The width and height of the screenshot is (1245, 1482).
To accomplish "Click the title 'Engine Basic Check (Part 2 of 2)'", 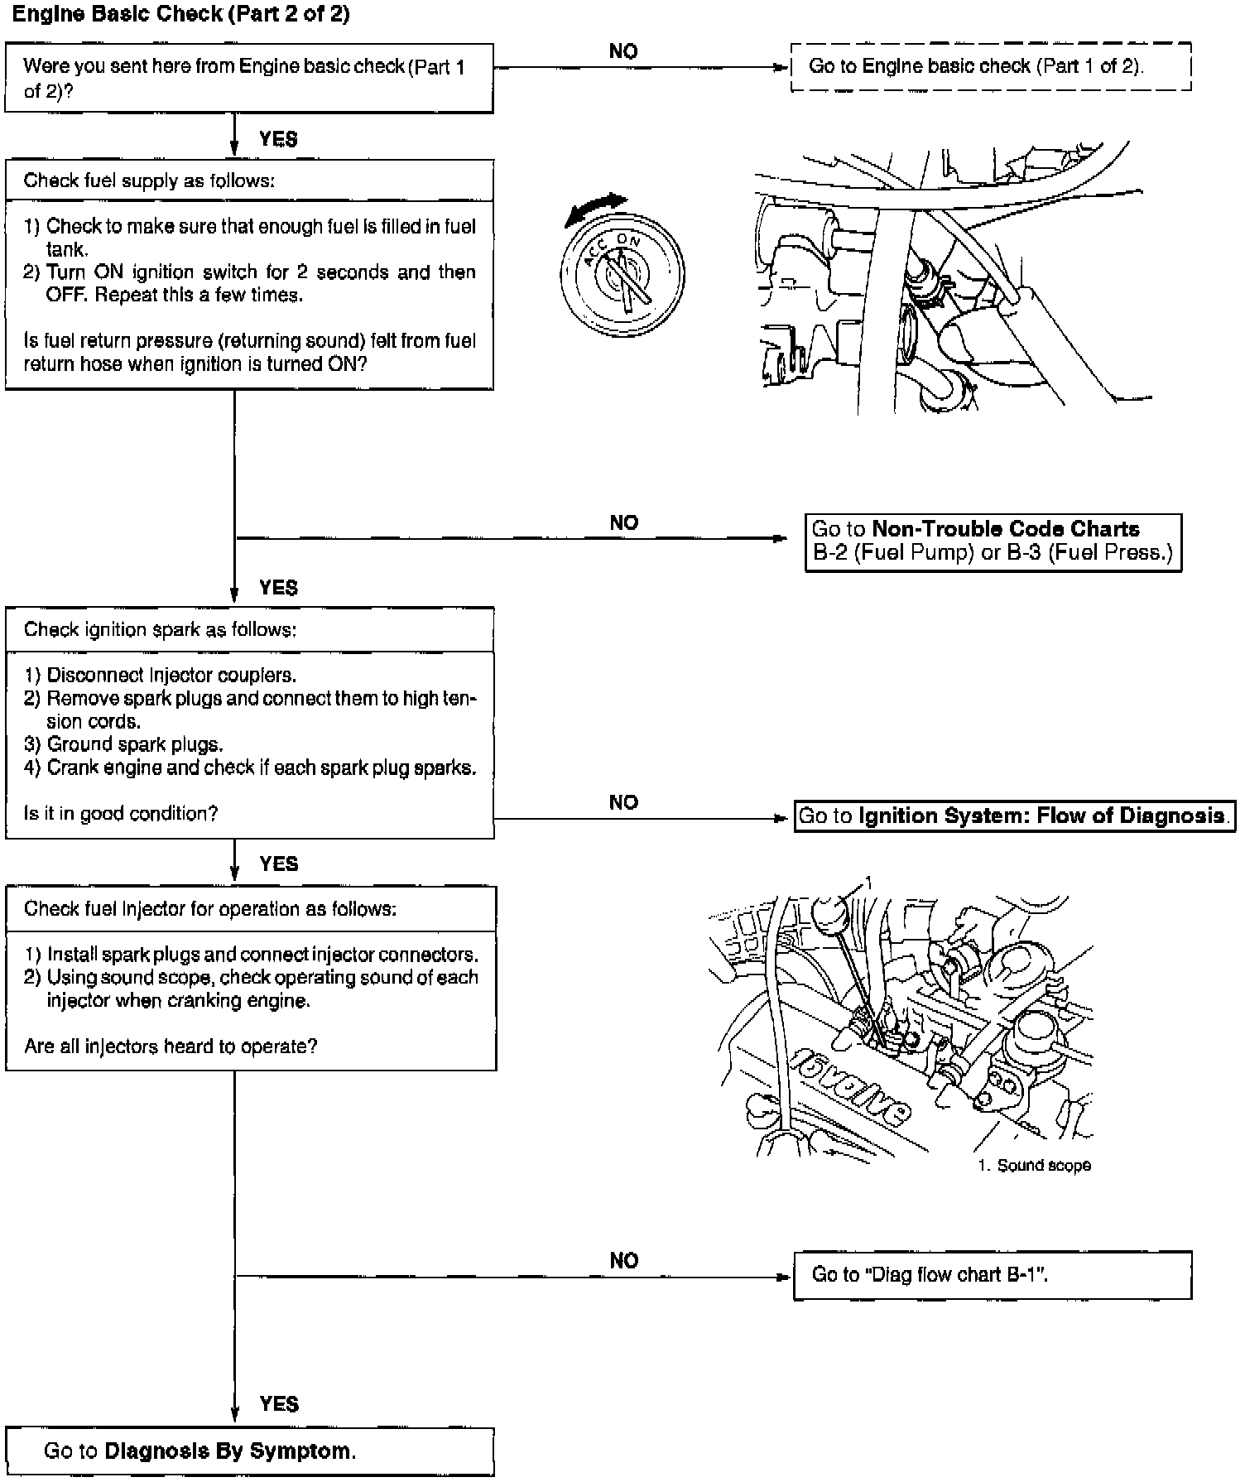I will (x=180, y=15).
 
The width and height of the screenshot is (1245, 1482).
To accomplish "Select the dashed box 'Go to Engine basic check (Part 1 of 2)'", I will (x=990, y=66).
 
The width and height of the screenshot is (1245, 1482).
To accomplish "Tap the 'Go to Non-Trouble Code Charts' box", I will (x=993, y=541).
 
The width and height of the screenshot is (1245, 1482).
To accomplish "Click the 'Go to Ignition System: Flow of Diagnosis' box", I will (x=1013, y=816).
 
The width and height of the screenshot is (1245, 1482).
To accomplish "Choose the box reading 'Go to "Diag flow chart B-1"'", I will (x=992, y=1274).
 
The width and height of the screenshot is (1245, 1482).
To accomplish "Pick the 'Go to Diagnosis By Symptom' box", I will (x=249, y=1451).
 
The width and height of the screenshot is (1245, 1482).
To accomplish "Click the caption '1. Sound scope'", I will (x=1034, y=1166).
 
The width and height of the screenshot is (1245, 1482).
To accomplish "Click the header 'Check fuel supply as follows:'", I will (x=149, y=180).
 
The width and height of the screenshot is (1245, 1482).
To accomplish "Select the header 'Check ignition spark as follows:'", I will (x=160, y=629).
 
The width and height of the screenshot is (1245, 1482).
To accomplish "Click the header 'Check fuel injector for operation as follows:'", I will (x=210, y=909).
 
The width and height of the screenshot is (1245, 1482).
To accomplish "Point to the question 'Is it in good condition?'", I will (x=121, y=814).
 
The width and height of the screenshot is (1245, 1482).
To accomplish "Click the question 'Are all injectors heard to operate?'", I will (x=171, y=1047).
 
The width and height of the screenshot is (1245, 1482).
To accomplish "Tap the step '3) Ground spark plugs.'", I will (x=123, y=744).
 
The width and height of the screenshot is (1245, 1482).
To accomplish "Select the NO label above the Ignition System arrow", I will (x=623, y=802).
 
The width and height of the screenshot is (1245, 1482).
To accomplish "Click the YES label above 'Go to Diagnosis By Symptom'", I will (x=278, y=1404).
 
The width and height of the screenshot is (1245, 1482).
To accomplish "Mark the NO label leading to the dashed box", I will (x=623, y=51).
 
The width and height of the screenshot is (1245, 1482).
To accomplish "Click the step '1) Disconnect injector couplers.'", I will (x=160, y=675).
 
